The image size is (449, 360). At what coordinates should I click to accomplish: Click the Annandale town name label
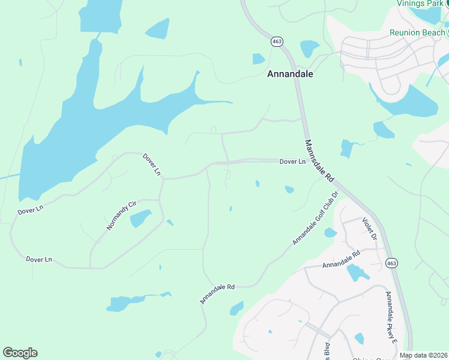[290, 74]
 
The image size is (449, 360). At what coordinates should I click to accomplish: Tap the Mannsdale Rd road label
[319, 161]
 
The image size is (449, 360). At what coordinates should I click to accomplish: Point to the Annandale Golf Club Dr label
[316, 218]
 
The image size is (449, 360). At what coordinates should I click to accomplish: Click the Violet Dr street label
[369, 229]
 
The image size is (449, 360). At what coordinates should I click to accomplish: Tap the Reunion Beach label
[417, 32]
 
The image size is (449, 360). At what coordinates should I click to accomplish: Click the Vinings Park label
[419, 3]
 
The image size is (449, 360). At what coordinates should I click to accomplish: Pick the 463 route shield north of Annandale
[277, 41]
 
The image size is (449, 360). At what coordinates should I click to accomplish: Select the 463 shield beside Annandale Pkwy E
[391, 263]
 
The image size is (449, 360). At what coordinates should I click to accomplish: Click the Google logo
[20, 353]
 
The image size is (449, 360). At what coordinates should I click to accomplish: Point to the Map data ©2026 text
[423, 355]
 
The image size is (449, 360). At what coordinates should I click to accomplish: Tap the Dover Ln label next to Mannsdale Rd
[292, 162]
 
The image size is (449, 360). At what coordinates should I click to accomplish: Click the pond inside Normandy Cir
[140, 218]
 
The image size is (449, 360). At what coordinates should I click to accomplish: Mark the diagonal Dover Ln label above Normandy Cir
[152, 164]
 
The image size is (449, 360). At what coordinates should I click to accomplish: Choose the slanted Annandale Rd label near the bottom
[217, 295]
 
